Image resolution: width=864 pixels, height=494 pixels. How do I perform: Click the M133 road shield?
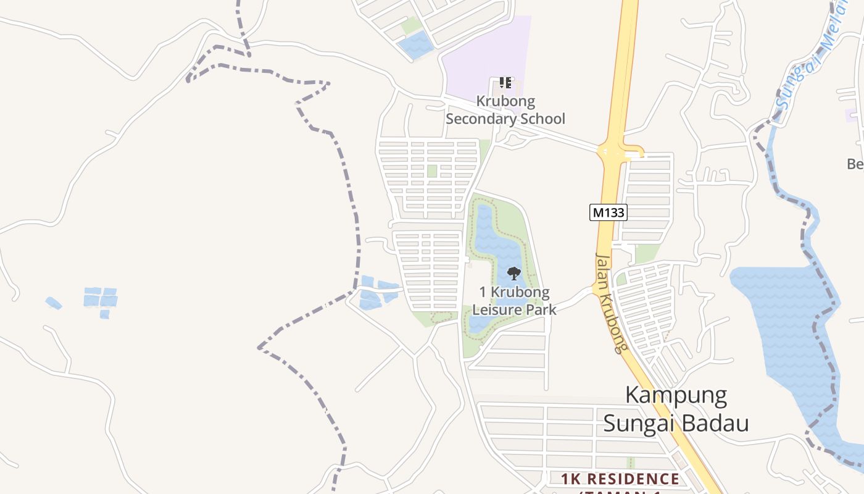click(x=609, y=213)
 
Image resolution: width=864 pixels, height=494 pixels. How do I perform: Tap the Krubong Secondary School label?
click(x=505, y=110)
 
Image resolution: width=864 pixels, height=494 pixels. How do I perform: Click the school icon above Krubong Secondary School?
click(x=505, y=82)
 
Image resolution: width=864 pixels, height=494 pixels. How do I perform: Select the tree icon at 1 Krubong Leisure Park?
click(x=513, y=273)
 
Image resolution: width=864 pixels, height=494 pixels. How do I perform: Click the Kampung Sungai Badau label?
click(x=676, y=409)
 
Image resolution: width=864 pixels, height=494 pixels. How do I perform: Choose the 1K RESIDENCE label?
click(x=620, y=479)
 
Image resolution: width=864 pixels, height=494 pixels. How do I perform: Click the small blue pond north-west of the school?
click(x=416, y=44)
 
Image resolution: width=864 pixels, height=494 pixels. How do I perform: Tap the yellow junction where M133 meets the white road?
click(x=620, y=151)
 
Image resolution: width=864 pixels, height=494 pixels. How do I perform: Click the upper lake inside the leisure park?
click(x=497, y=247)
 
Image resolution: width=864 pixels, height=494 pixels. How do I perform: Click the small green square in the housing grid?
click(x=432, y=171)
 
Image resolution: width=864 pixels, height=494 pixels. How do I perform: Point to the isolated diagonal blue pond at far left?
click(x=54, y=303)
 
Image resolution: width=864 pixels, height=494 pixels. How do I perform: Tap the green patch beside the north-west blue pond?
click(x=411, y=26)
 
